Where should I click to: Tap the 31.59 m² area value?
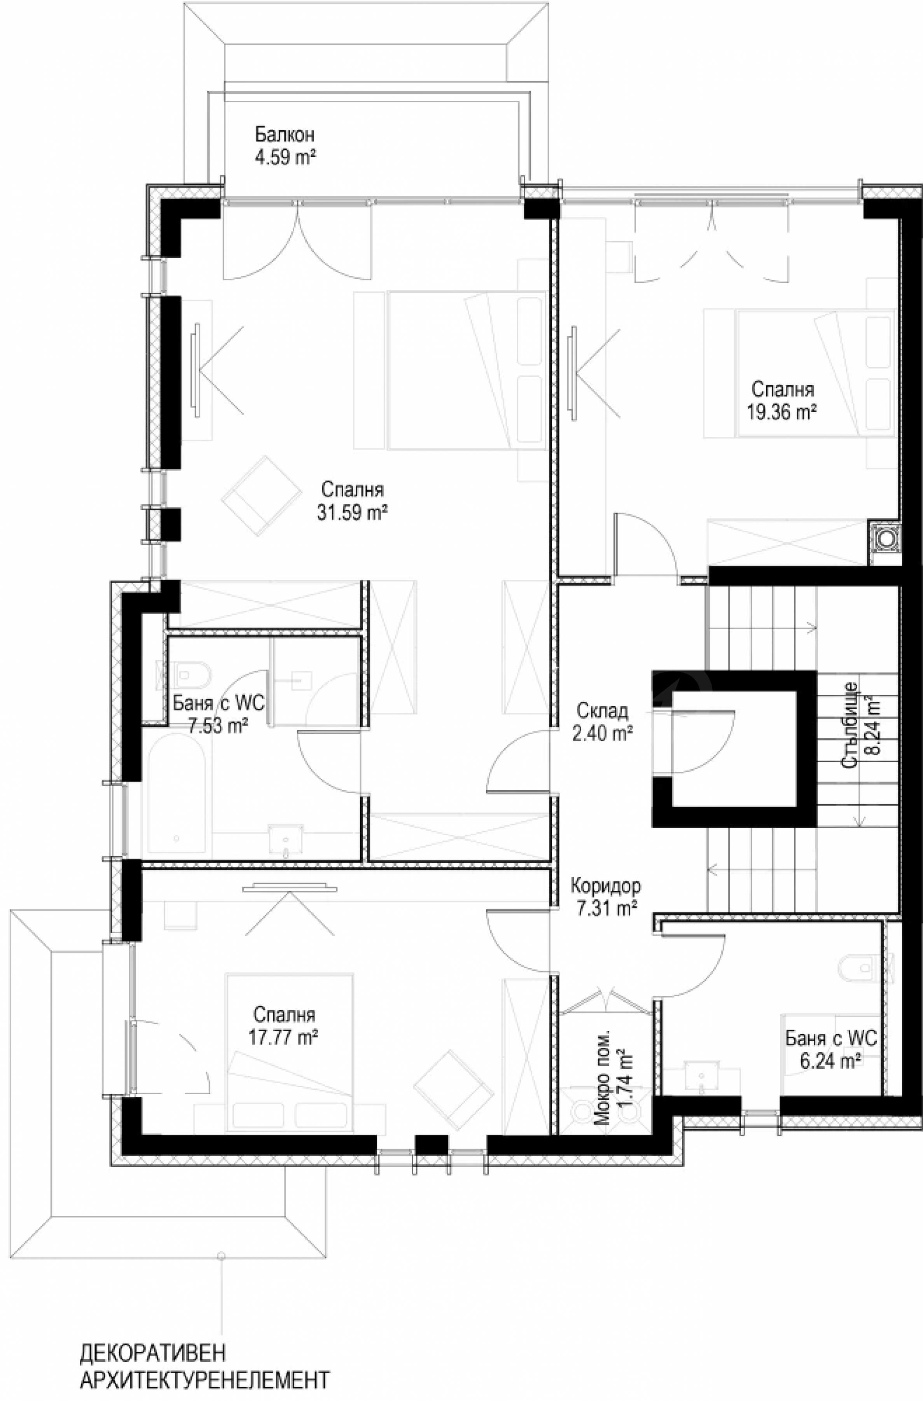pyautogui.click(x=352, y=513)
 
